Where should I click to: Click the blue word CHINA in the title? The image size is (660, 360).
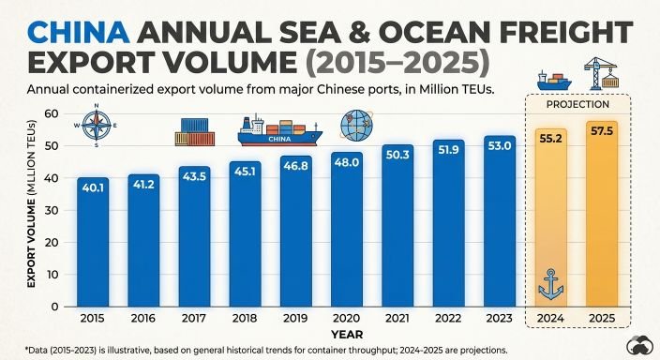pyautogui.click(x=79, y=33)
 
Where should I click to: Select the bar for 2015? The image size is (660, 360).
pyautogui.click(x=93, y=242)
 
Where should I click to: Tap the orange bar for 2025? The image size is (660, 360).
pyautogui.click(x=602, y=215)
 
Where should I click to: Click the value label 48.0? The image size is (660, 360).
pyautogui.click(x=347, y=162)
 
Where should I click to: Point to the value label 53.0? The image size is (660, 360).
pyautogui.click(x=499, y=146)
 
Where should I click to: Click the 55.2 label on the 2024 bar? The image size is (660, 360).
pyautogui.click(x=550, y=138)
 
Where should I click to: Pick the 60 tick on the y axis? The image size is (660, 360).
pyautogui.click(x=52, y=114)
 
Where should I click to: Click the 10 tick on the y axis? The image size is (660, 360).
pyautogui.click(x=52, y=275)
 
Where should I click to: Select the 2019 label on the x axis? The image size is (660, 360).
pyautogui.click(x=295, y=319)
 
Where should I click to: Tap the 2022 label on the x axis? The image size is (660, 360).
pyautogui.click(x=448, y=319)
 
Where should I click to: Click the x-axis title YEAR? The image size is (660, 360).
pyautogui.click(x=347, y=335)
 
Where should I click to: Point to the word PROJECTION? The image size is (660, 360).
pyautogui.click(x=577, y=104)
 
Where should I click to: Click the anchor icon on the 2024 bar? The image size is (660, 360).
pyautogui.click(x=550, y=285)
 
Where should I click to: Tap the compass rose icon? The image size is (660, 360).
pyautogui.click(x=97, y=125)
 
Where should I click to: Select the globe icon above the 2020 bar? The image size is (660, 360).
pyautogui.click(x=357, y=125)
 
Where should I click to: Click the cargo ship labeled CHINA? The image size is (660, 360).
pyautogui.click(x=280, y=130)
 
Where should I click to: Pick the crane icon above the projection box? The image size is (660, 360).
pyautogui.click(x=601, y=74)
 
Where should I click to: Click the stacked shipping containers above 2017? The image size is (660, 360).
pyautogui.click(x=195, y=132)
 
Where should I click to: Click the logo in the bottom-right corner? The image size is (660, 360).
pyautogui.click(x=639, y=346)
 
